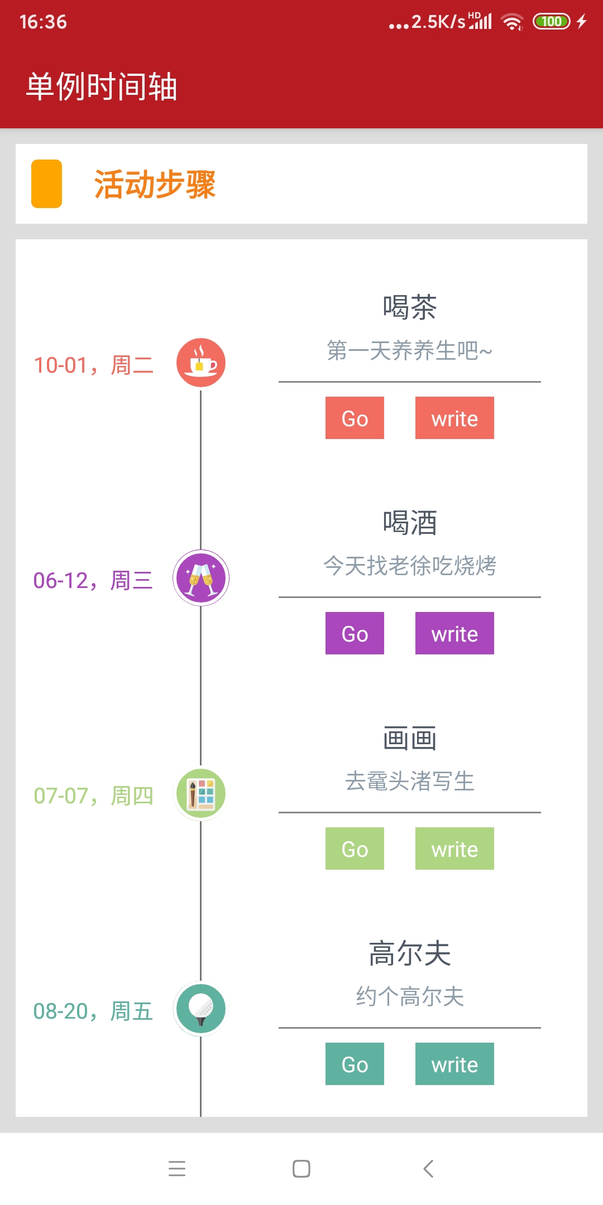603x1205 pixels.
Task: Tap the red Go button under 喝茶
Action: click(x=355, y=418)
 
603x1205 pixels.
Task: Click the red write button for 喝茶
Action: click(x=454, y=418)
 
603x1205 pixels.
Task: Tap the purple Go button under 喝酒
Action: click(x=355, y=633)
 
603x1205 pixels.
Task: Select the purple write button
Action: click(x=454, y=633)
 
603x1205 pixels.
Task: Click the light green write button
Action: click(x=454, y=849)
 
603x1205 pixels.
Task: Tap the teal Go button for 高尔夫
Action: click(x=355, y=1064)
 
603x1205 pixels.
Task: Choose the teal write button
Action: click(x=454, y=1064)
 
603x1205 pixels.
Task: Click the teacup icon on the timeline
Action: click(x=201, y=363)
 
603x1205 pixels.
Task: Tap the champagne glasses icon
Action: click(x=201, y=577)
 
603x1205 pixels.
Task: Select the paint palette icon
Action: click(x=201, y=793)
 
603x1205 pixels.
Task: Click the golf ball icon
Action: click(x=201, y=1009)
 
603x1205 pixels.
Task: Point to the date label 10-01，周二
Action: click(x=94, y=365)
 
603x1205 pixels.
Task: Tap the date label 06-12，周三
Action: click(x=93, y=581)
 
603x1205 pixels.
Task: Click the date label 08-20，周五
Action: click(x=93, y=1011)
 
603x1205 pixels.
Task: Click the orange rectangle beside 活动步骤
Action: click(x=46, y=184)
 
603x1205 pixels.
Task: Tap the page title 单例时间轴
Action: click(x=102, y=87)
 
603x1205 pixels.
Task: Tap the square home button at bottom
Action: click(x=301, y=1168)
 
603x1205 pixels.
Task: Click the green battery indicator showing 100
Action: click(x=551, y=21)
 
